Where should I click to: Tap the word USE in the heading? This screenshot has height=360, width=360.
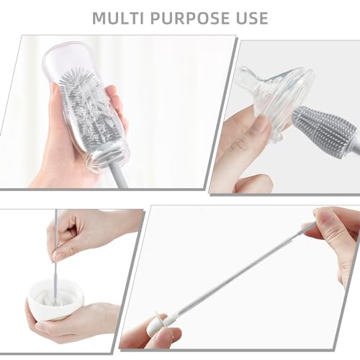[248, 17]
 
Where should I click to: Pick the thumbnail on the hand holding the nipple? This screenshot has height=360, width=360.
[261, 127]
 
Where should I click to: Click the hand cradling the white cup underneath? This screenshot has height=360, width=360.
[72, 324]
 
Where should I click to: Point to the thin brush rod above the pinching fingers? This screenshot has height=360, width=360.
[57, 220]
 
